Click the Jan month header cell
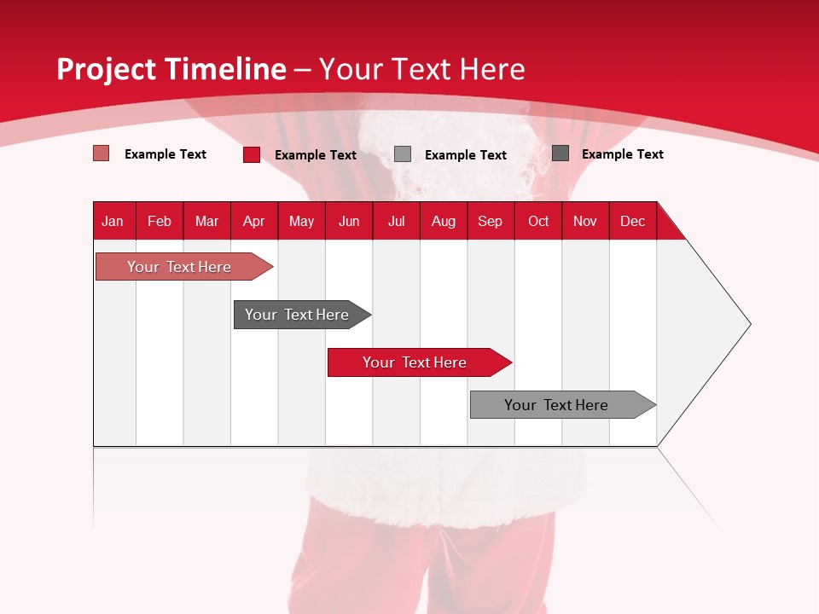[x=113, y=221]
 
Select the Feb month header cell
[x=160, y=221]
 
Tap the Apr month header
[x=254, y=221]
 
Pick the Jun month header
[x=349, y=221]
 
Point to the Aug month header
[x=444, y=221]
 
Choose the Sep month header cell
[x=491, y=221]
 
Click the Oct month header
[x=538, y=221]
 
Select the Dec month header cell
[x=633, y=221]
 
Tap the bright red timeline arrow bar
[x=415, y=362]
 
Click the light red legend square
[x=102, y=153]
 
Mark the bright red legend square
[x=252, y=154]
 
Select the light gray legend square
[x=403, y=154]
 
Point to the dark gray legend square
[x=561, y=153]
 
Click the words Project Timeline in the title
[x=171, y=69]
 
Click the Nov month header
[x=585, y=221]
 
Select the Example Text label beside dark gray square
[x=622, y=154]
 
